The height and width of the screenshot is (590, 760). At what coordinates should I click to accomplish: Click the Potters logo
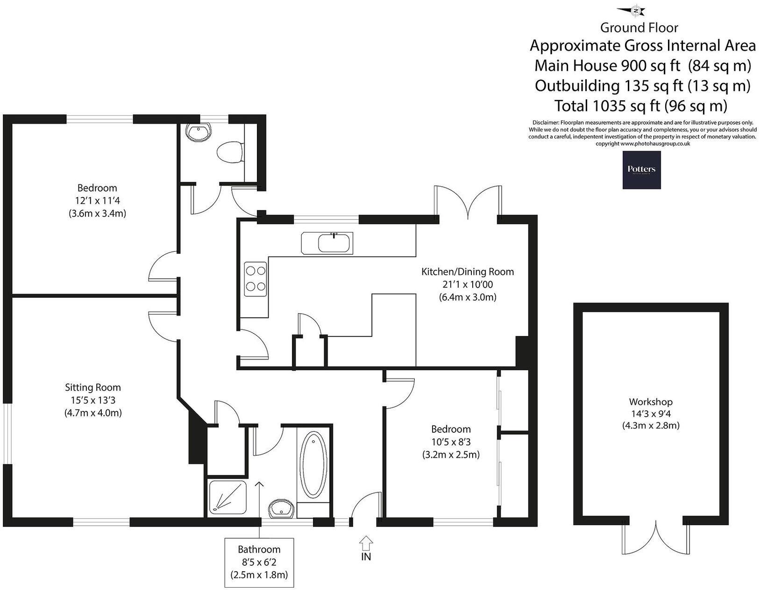coord(641,170)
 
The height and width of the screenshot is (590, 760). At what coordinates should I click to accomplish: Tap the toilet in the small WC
coord(230,153)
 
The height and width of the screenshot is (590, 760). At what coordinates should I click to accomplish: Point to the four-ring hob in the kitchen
coord(256,279)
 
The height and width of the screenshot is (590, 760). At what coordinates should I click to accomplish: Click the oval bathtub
coord(313,465)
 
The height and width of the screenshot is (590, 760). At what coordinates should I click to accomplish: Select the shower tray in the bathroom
coord(227,499)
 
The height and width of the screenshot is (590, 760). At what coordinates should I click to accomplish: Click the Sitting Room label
coord(93,387)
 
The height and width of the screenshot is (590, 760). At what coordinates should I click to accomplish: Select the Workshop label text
coord(650,402)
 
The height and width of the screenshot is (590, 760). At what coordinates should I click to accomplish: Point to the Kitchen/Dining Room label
coord(467,272)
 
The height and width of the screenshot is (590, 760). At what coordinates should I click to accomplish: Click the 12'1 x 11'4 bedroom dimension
coord(97,201)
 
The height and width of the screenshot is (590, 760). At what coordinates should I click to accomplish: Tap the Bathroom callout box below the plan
coord(259,562)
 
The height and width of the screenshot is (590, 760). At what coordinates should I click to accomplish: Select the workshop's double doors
coord(655,537)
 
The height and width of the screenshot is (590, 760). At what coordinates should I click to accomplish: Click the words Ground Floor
coord(639,28)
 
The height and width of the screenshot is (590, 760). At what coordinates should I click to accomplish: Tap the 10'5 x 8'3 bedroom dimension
coord(450,442)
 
